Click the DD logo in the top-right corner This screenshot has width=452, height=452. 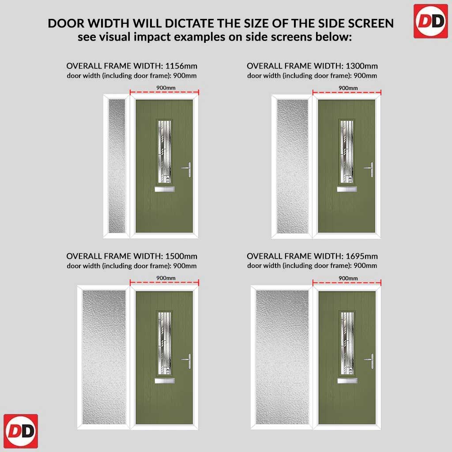[431, 21]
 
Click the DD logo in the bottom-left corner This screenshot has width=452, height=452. [21, 431]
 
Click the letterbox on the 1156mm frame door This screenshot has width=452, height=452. [165, 189]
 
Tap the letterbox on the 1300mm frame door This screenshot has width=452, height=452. [347, 189]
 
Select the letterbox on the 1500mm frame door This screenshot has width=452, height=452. [165, 381]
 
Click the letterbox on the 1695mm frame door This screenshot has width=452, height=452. [347, 381]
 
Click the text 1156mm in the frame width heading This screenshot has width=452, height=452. [181, 66]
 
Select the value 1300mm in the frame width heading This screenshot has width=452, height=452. [362, 66]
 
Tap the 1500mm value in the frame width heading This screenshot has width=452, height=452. [181, 256]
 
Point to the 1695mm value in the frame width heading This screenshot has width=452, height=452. [362, 256]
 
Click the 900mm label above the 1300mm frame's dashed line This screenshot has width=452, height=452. [348, 88]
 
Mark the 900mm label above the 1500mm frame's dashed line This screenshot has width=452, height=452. [166, 278]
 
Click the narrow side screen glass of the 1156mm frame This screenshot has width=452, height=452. [117, 166]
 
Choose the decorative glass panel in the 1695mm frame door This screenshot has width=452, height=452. [347, 343]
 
